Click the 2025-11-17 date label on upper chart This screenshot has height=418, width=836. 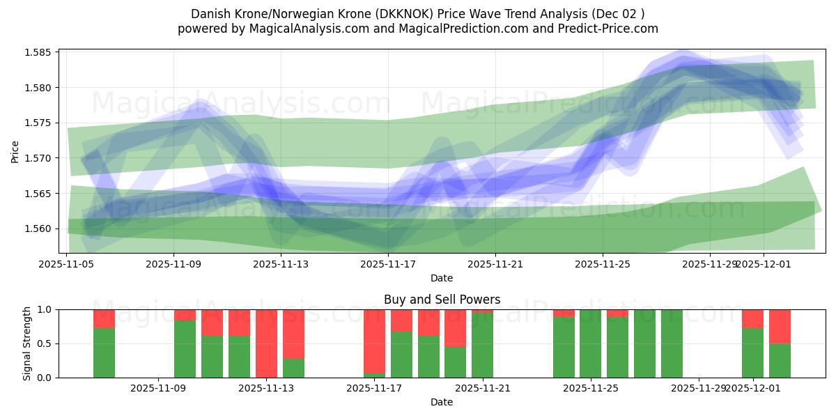point(387,264)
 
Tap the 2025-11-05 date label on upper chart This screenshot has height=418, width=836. point(67,264)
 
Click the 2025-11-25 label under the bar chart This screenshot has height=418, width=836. point(591,389)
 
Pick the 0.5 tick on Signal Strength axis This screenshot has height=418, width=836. point(46,343)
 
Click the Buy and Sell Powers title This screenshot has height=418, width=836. point(442,300)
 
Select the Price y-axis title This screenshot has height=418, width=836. point(15,151)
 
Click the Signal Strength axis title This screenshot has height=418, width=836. point(27,343)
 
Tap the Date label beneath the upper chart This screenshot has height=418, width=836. point(442,278)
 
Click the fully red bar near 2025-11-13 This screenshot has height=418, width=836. point(266,343)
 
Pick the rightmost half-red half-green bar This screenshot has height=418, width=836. point(780,343)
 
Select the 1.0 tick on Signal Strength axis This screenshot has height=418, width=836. point(46,309)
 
